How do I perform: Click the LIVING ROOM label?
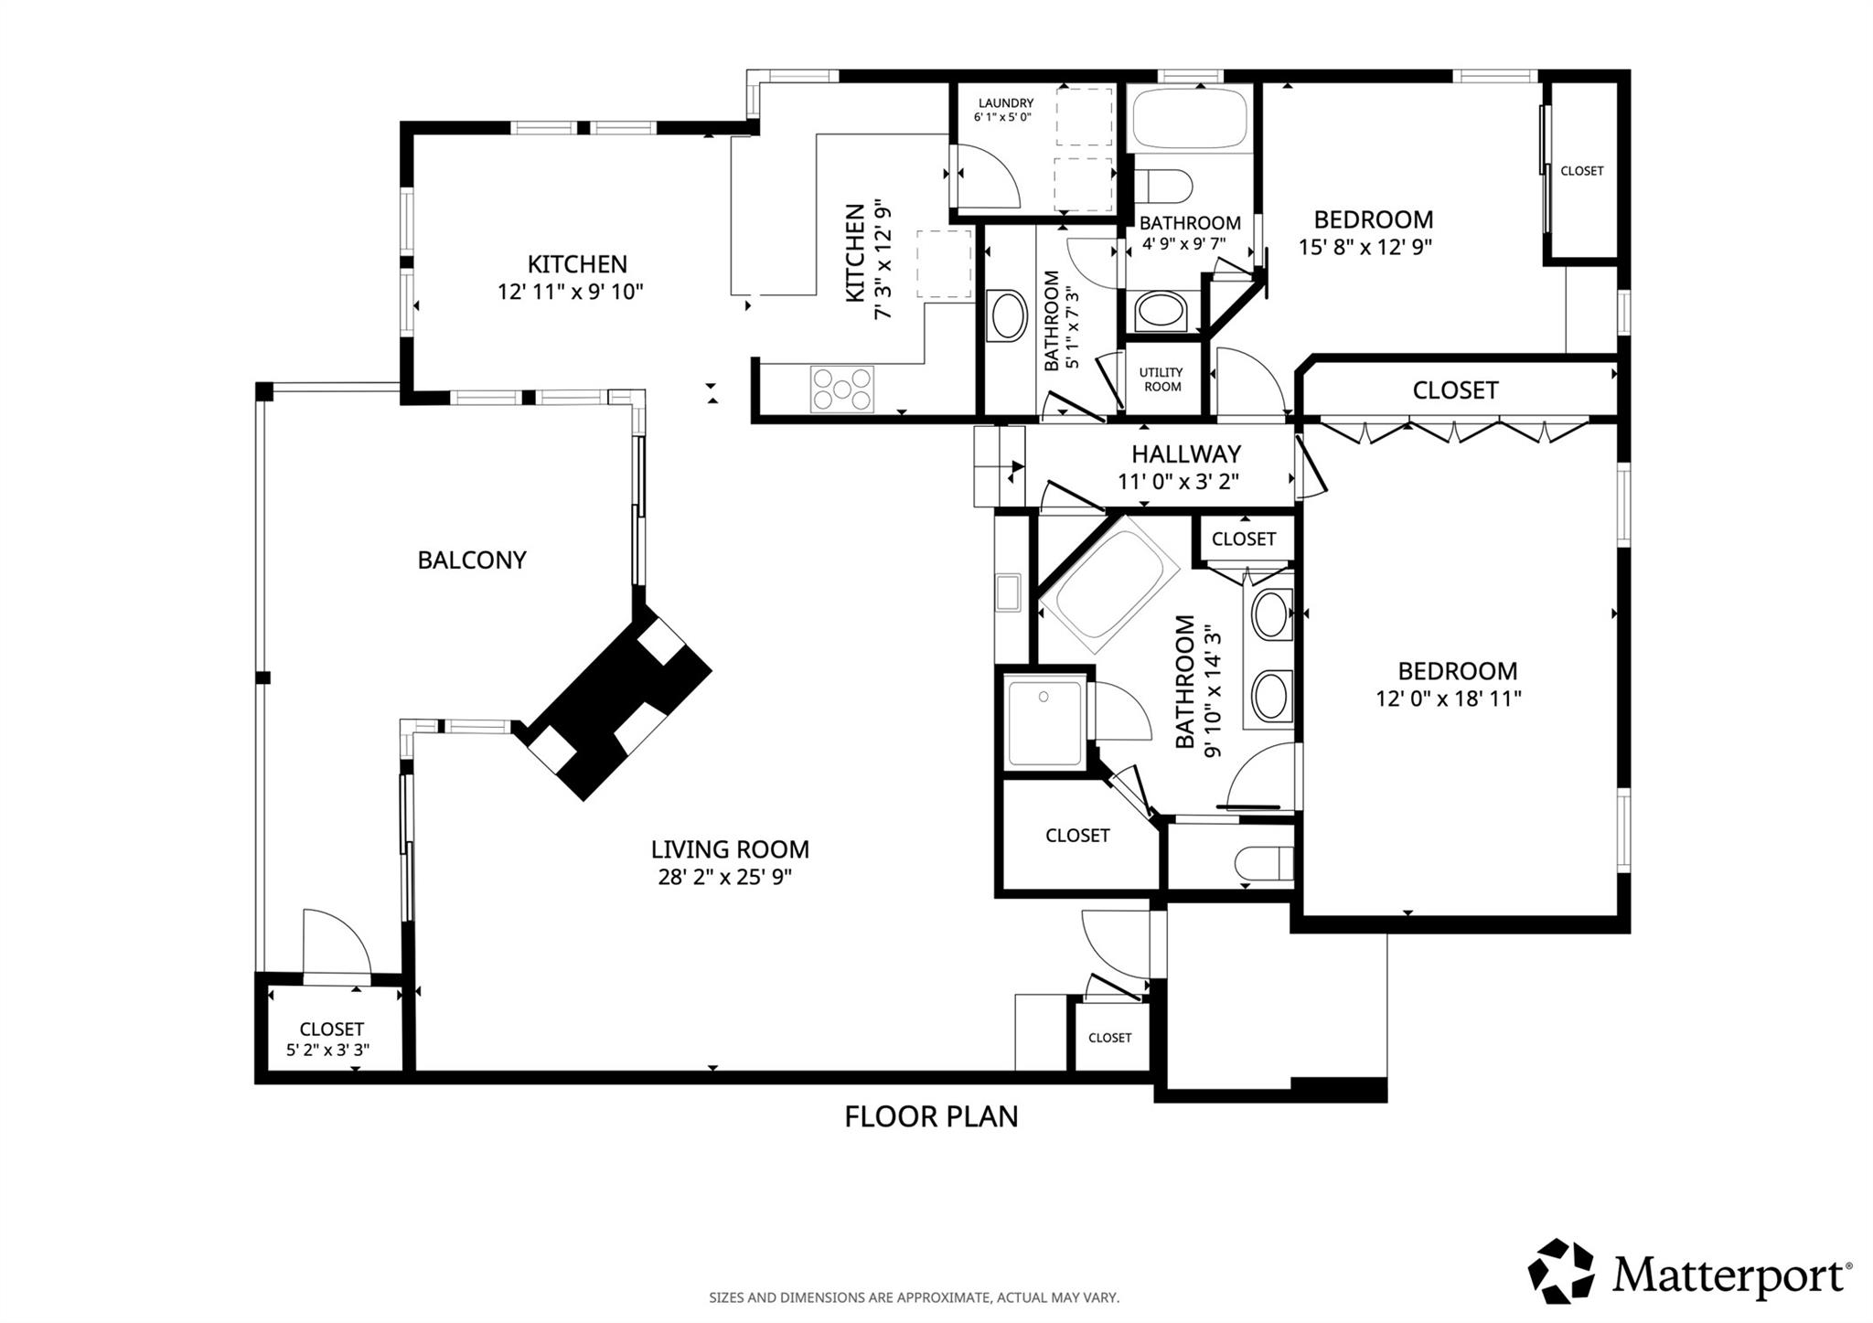click(730, 849)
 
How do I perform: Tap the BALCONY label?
click(472, 560)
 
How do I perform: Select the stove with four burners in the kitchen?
click(841, 388)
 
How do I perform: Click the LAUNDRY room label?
click(1005, 103)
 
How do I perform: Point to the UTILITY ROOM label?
click(1161, 379)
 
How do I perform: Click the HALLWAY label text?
click(1185, 453)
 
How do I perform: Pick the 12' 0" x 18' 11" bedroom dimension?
click(1448, 699)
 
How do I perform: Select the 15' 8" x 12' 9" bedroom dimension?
click(1365, 246)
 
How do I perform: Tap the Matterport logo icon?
click(1561, 1271)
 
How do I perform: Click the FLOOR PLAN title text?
click(930, 1116)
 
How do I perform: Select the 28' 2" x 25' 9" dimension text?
click(724, 877)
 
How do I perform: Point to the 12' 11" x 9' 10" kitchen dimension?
click(571, 292)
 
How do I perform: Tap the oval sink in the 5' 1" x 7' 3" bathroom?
click(1008, 316)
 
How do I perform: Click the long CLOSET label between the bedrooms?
click(1454, 390)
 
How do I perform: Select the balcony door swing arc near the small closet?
click(338, 942)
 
